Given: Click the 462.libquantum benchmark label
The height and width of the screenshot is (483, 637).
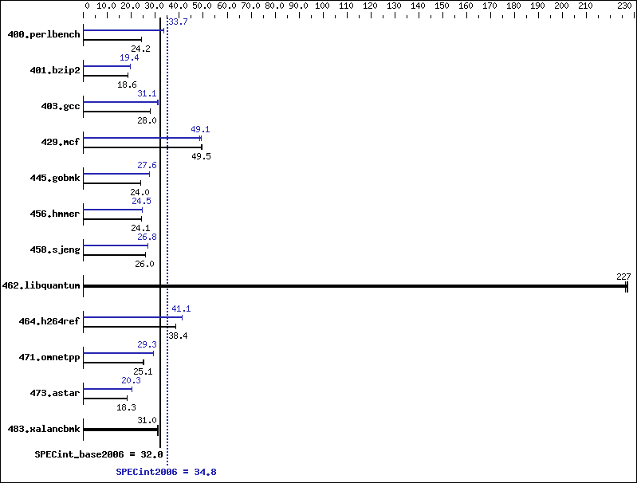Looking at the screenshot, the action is pyautogui.click(x=41, y=285).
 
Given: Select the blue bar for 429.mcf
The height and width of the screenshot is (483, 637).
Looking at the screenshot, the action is pyautogui.click(x=143, y=138).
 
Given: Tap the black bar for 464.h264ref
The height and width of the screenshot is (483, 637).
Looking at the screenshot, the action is pyautogui.click(x=130, y=326).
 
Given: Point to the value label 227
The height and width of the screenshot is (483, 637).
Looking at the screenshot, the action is pyautogui.click(x=623, y=277).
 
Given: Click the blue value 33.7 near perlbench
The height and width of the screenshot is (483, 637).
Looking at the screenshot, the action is pyautogui.click(x=178, y=22).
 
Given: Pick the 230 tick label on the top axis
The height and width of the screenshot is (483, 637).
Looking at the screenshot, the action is pyautogui.click(x=624, y=6).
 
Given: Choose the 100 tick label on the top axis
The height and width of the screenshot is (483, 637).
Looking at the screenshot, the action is pyautogui.click(x=322, y=6).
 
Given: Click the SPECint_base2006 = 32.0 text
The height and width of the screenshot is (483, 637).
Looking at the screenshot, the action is pyautogui.click(x=99, y=454).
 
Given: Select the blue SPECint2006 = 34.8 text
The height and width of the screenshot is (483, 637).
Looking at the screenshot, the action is pyautogui.click(x=166, y=472).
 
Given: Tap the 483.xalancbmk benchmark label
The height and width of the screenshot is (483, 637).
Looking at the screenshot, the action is pyautogui.click(x=44, y=429).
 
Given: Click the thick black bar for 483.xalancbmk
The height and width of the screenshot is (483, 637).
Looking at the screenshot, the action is pyautogui.click(x=120, y=430).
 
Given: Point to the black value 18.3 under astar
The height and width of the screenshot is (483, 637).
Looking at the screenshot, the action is pyautogui.click(x=126, y=407).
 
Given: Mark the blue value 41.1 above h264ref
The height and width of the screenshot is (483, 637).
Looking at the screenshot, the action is pyautogui.click(x=181, y=308).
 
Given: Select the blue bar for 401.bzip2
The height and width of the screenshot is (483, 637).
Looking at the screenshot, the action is pyautogui.click(x=107, y=66).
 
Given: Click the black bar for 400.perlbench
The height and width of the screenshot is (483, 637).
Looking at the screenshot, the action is pyautogui.click(x=112, y=39).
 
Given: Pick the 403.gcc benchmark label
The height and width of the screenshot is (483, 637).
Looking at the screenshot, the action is pyautogui.click(x=61, y=106).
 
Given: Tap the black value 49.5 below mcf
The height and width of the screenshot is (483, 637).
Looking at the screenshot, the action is pyautogui.click(x=201, y=156).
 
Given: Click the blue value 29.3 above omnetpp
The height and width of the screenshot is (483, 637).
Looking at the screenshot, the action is pyautogui.click(x=147, y=344).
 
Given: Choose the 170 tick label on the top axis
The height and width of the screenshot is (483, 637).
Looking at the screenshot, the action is pyautogui.click(x=490, y=6).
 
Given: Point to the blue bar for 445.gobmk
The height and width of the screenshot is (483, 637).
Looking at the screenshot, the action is pyautogui.click(x=116, y=174).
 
